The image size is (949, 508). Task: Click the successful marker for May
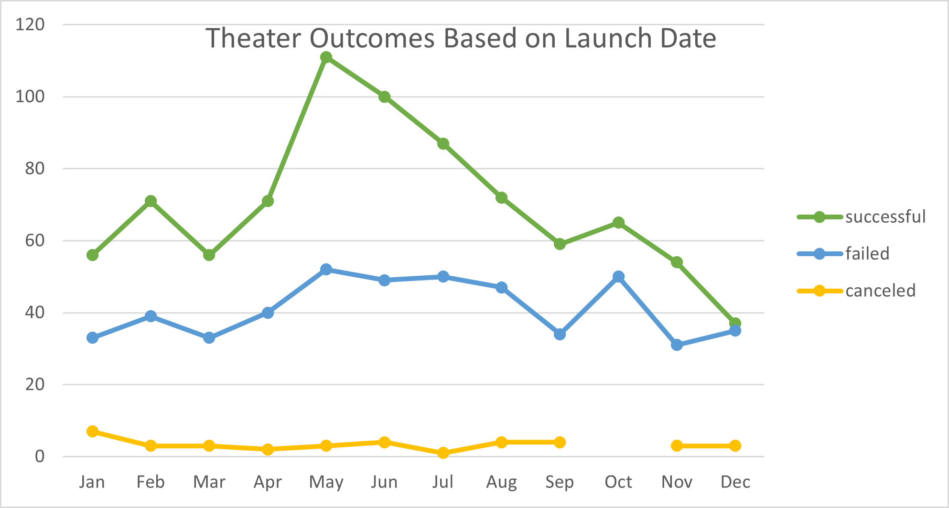[326, 57]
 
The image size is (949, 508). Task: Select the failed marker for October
[618, 277]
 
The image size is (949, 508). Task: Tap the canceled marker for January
[92, 431]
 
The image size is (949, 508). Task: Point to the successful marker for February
[151, 201]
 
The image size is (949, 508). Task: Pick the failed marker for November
[677, 345]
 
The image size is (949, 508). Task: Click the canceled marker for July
[443, 453]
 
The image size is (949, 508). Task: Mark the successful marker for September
[560, 244]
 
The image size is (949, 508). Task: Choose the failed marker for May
[326, 270]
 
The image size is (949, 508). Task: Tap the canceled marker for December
[735, 445]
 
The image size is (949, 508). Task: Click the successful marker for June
[384, 97]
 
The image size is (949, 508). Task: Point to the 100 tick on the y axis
[30, 97]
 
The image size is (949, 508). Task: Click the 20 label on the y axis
[34, 384]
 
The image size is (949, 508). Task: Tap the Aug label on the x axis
[501, 482]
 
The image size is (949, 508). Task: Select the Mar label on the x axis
[209, 482]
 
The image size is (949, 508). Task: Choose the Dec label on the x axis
[735, 482]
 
